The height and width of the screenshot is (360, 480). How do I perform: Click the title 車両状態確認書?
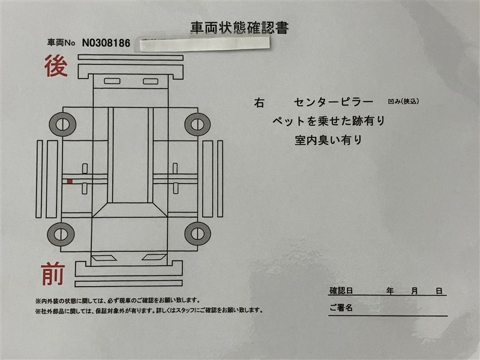coord(239,28)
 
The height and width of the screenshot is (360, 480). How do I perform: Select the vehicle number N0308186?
coord(106,43)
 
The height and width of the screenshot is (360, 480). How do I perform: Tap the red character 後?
coord(56,66)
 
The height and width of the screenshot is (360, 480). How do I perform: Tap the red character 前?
coord(53,274)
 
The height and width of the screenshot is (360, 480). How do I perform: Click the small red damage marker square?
coord(70,182)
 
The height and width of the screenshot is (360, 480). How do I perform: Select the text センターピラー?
coord(334,102)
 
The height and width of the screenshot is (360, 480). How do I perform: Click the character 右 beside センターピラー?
coord(259,103)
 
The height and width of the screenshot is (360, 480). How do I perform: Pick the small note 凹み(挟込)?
coord(403,101)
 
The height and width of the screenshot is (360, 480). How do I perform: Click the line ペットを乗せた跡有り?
coord(329,121)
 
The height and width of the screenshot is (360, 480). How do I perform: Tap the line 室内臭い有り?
coord(328,140)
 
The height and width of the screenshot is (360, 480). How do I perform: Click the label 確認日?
coord(341,290)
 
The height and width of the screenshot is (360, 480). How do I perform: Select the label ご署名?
coord(341,307)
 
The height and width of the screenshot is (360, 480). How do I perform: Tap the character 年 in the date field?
coord(389,291)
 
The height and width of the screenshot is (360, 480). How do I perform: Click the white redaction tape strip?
coord(205,44)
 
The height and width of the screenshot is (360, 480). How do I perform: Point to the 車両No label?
coord(61,43)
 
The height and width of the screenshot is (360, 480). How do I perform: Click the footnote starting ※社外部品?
coord(149,311)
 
